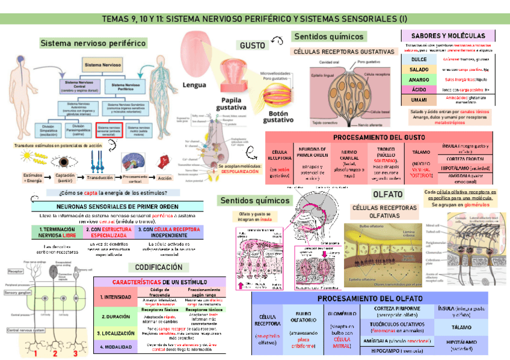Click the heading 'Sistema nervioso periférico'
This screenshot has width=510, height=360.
93,43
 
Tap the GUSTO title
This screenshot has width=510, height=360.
252,46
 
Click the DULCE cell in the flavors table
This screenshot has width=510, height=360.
419,59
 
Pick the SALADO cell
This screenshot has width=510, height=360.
419,70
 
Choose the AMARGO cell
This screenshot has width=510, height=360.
419,79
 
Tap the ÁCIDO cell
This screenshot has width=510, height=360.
419,89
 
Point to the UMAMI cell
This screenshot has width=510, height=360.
419,99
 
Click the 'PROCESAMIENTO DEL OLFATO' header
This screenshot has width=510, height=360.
378,298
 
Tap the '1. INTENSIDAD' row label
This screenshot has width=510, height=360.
115,297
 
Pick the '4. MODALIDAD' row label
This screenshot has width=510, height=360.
115,347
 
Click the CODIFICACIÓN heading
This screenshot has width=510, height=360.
159,267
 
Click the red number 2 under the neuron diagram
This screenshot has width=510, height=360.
55,353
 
